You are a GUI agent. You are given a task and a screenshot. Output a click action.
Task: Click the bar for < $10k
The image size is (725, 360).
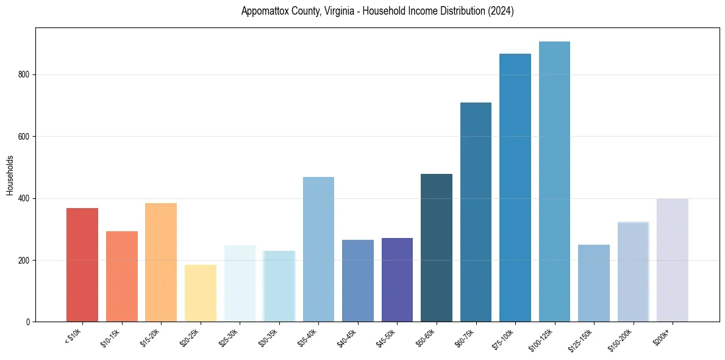tap(82, 265)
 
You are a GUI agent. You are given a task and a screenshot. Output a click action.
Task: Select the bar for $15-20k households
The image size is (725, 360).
tap(161, 262)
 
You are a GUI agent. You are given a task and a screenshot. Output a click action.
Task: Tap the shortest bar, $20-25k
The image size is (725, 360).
tap(201, 293)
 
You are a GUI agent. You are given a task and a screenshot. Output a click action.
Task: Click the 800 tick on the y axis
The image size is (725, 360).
tap(24, 74)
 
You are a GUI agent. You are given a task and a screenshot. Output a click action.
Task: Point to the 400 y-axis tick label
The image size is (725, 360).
tap(24, 198)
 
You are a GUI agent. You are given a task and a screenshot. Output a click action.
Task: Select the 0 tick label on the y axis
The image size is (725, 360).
tap(28, 322)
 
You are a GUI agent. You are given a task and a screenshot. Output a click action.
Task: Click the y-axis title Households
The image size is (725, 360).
tap(10, 175)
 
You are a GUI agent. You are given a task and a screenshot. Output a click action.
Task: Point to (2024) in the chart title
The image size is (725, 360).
tap(500, 11)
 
